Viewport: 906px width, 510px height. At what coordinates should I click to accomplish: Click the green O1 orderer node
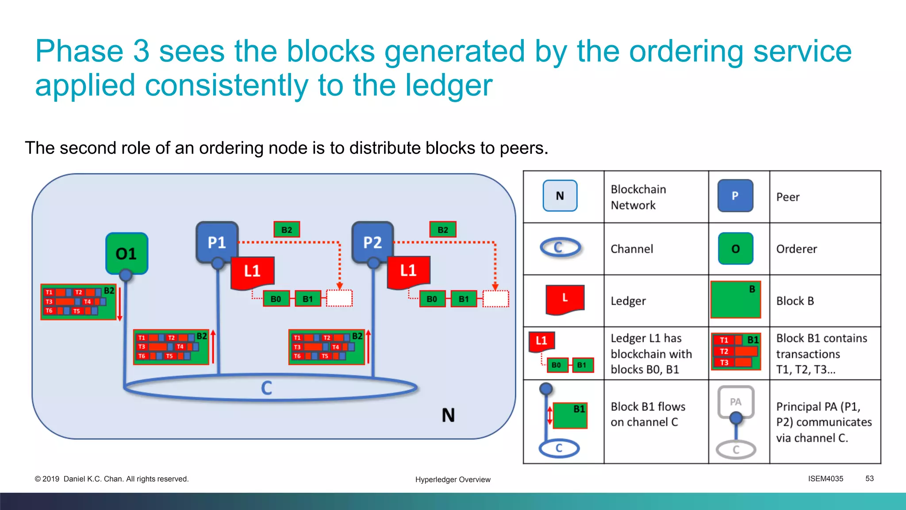coord(127,253)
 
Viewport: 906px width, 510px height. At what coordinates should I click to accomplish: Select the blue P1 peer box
coord(217,242)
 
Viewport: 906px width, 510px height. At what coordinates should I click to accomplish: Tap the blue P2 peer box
coord(372,242)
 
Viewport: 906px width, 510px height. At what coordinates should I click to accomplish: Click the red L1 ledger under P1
coord(252,271)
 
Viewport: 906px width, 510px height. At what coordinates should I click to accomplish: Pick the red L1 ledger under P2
coord(408,270)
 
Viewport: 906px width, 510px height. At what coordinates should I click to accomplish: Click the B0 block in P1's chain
coord(276,299)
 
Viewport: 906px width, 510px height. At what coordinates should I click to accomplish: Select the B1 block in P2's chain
coord(464,299)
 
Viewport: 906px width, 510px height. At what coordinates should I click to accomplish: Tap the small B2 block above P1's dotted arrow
coord(287,230)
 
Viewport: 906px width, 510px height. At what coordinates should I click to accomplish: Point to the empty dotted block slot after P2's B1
coord(495,299)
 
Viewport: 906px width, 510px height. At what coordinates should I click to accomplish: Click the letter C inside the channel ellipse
coord(266,388)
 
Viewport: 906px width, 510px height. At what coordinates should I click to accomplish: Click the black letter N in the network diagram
coord(448,415)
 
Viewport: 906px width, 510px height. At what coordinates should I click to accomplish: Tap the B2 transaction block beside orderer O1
coord(78,301)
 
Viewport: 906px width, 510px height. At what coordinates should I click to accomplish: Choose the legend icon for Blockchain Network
coord(560,196)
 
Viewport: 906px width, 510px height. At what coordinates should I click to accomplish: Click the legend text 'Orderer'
coord(796,249)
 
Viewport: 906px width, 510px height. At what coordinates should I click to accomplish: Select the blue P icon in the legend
coord(735,196)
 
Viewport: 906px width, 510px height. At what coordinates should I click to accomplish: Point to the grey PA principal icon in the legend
coord(736,402)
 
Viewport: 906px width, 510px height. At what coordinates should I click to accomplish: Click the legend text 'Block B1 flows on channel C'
coord(648,414)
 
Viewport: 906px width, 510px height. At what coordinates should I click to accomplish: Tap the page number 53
coord(869,479)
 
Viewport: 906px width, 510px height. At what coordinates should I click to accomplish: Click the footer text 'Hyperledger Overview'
coord(453,479)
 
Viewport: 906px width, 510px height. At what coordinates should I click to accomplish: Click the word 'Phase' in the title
coord(79,51)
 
